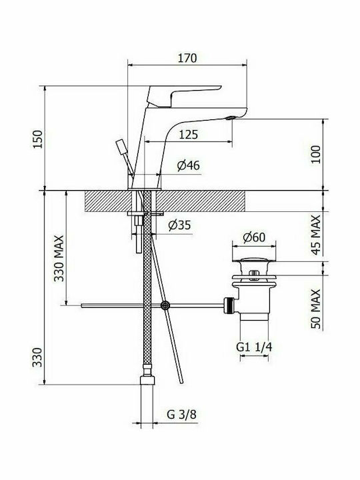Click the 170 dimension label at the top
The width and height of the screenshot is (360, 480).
pos(187,58)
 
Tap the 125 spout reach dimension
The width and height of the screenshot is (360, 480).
pos(188,134)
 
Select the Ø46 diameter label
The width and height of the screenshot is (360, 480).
pos(188,165)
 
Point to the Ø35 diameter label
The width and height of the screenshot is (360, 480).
pos(179,225)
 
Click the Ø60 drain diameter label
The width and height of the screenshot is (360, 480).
pos(254,237)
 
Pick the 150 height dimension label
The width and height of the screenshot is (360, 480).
pos(37,139)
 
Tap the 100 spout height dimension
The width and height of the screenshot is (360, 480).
pos(316,155)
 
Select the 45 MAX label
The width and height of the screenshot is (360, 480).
pos(316,235)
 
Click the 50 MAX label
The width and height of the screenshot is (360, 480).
pos(316,309)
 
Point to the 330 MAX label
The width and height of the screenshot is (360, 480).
pos(59,258)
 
